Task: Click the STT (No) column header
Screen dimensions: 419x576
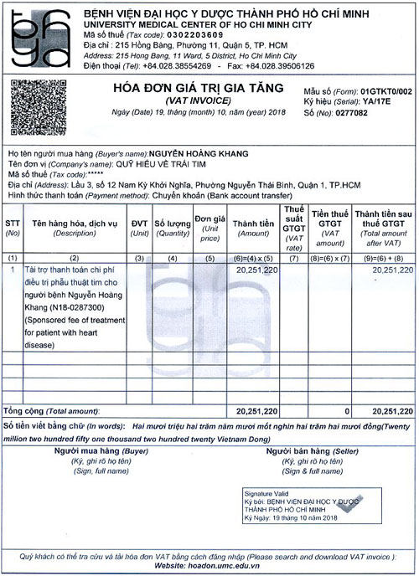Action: point(13,228)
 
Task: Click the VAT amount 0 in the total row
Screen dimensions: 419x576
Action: point(347,411)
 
